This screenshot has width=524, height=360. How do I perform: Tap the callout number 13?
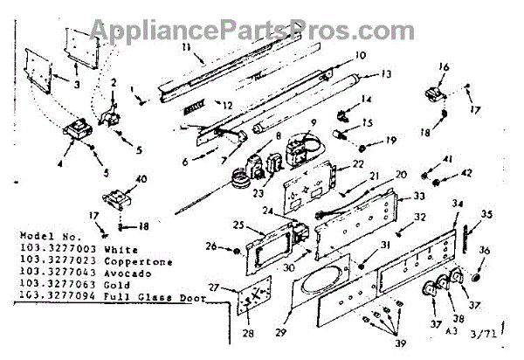387,73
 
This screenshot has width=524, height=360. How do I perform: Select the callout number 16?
444,67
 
